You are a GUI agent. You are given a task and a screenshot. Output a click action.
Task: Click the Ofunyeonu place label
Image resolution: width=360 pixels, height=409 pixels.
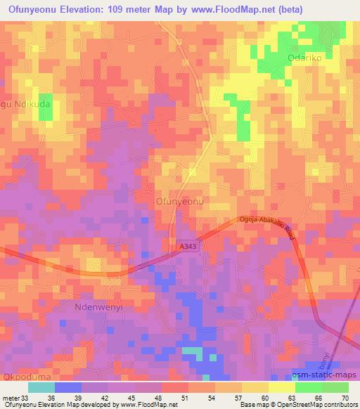pyautogui.click(x=179, y=202)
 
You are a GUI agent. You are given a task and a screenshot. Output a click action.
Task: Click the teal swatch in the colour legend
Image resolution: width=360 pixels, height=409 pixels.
pyautogui.click(x=41, y=387)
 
